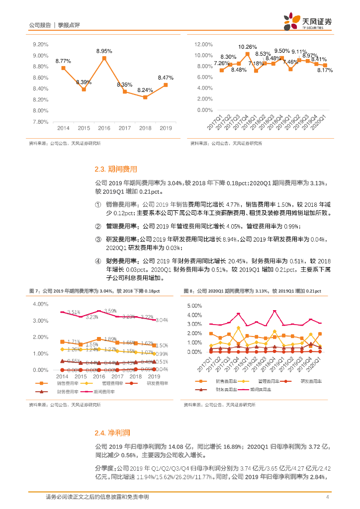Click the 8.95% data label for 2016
click(104, 51)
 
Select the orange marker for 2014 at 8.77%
click(63, 68)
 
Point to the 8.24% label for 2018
click(145, 90)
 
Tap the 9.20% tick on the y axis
click(40, 45)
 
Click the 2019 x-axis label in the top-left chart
click(166, 128)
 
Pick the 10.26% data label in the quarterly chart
click(247, 47)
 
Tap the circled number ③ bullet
click(97, 239)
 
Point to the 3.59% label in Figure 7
click(110, 311)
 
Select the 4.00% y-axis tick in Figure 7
click(40, 304)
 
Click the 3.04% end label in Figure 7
click(161, 320)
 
